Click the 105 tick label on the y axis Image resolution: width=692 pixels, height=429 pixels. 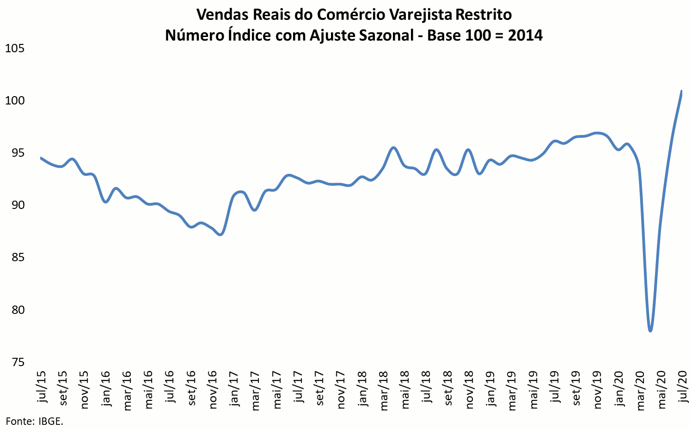[14, 48]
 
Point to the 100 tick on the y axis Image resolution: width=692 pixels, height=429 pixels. [14, 100]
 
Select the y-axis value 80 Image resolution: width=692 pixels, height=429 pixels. [18, 310]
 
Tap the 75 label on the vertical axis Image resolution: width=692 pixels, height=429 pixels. [18, 362]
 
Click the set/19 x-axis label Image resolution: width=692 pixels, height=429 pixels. [576, 388]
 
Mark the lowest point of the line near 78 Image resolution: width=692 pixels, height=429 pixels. [650, 331]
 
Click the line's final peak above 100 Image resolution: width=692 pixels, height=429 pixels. [682, 91]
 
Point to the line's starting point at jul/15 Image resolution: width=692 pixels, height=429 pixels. [41, 158]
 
